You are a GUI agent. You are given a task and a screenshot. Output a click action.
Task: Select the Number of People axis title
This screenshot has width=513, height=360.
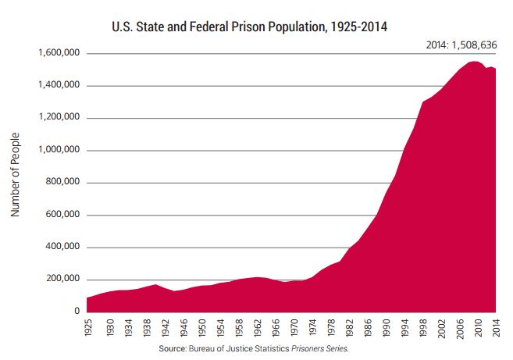coord(15,180)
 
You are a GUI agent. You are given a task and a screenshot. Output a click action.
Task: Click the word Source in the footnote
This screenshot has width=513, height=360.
coord(173,349)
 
